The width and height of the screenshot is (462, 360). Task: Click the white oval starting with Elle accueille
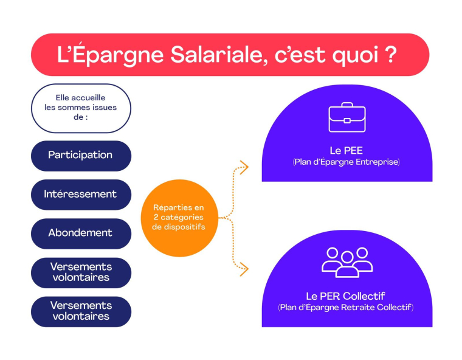[81, 108]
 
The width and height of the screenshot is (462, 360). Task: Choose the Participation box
[81, 155]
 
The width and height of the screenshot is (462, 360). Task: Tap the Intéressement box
[81, 194]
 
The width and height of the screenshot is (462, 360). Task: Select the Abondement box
[81, 233]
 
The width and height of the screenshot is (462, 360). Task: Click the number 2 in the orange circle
[156, 217]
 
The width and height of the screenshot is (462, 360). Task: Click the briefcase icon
[346, 117]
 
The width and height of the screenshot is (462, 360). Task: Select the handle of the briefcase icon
[346, 106]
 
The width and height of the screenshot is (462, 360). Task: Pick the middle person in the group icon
[346, 260]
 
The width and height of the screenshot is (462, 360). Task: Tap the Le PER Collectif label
[346, 296]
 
